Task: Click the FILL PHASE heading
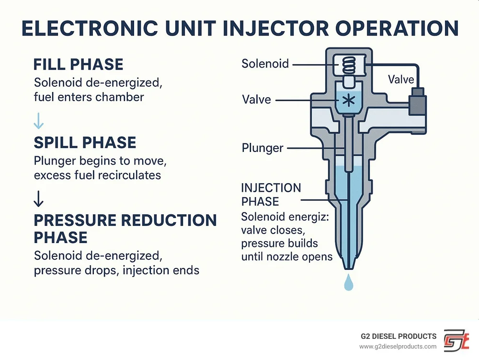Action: (x=78, y=65)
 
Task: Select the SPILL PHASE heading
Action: (x=85, y=143)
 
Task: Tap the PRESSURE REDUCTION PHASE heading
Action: (x=125, y=229)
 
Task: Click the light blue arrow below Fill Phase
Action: (x=38, y=123)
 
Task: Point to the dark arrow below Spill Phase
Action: (x=39, y=198)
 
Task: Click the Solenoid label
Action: (x=265, y=64)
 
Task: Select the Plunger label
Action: (x=262, y=148)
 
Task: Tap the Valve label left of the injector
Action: (x=256, y=100)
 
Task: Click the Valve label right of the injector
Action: (x=401, y=79)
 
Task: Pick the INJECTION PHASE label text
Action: (x=271, y=194)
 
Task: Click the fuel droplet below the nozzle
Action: (x=347, y=284)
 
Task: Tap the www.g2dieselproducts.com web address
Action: (x=398, y=347)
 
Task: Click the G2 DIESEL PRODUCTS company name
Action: (x=399, y=336)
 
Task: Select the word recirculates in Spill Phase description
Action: (x=129, y=175)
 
